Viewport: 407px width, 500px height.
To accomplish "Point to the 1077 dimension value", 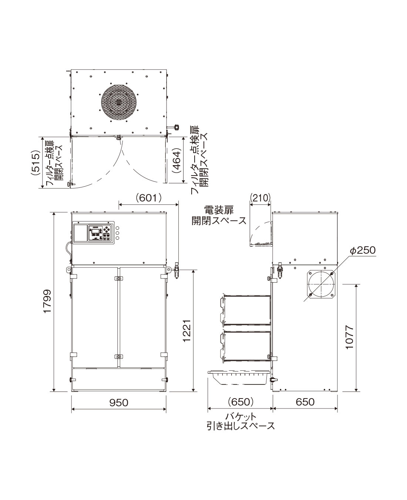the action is click(x=350, y=337).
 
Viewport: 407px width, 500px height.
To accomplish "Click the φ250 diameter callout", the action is click(x=363, y=250).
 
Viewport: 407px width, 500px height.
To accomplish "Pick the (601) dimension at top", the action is click(x=149, y=199).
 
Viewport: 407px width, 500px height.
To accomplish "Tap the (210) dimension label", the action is click(x=260, y=198).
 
